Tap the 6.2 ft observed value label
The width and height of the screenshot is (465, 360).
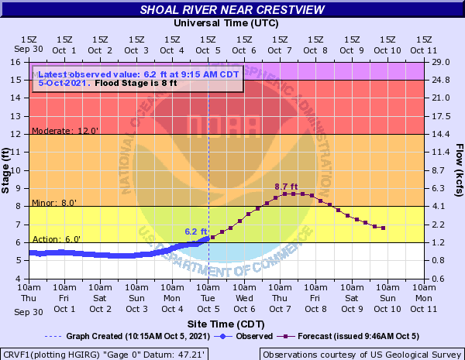195,231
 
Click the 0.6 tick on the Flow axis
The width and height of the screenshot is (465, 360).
437,279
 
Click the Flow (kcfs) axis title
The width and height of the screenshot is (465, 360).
459,170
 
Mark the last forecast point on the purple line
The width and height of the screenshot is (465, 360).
383,228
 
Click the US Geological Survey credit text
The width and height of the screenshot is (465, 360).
361,354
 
